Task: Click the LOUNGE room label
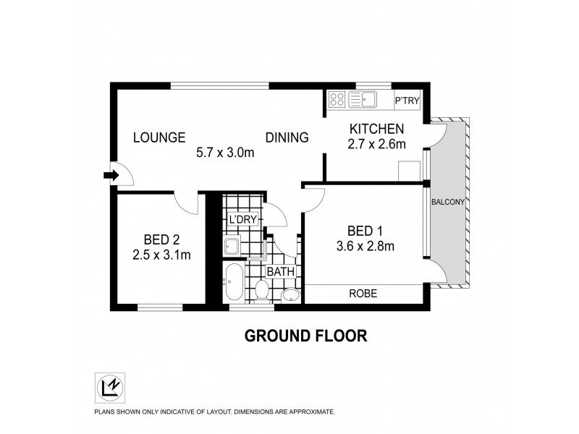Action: pos(159,137)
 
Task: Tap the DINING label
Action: pos(287,137)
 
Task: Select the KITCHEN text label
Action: pos(376,129)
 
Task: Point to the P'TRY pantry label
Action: pos(406,101)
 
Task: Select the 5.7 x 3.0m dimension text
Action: pos(226,152)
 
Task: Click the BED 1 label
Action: pos(365,231)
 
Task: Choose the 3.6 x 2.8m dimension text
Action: pos(365,246)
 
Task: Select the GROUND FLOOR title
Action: pos(306,336)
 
